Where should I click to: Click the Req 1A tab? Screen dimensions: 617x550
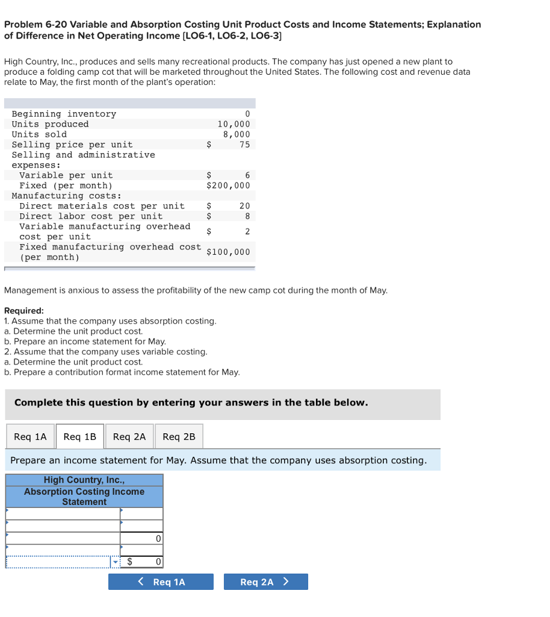[30, 437]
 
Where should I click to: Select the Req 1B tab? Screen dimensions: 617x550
[80, 437]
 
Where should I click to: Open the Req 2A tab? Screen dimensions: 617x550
[129, 437]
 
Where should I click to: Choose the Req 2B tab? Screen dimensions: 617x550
[179, 437]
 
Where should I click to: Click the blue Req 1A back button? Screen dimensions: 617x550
[161, 582]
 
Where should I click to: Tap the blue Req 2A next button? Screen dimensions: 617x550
[265, 582]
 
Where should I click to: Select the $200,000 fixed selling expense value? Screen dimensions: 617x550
[228, 186]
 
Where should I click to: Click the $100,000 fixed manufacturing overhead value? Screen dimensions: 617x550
[228, 252]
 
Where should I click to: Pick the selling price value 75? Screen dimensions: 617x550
[244, 145]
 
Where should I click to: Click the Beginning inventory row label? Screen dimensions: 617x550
[64, 114]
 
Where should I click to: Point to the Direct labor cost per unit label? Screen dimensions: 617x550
[91, 216]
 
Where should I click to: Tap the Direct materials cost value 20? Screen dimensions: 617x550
[244, 206]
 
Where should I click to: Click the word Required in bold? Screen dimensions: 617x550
[24, 311]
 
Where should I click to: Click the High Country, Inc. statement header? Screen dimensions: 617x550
[84, 480]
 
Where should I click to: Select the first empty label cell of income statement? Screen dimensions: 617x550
[63, 513]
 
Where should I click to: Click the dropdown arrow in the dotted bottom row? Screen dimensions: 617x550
[114, 562]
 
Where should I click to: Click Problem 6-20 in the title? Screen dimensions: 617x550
[35, 25]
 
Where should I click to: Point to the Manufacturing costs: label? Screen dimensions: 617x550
[66, 196]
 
